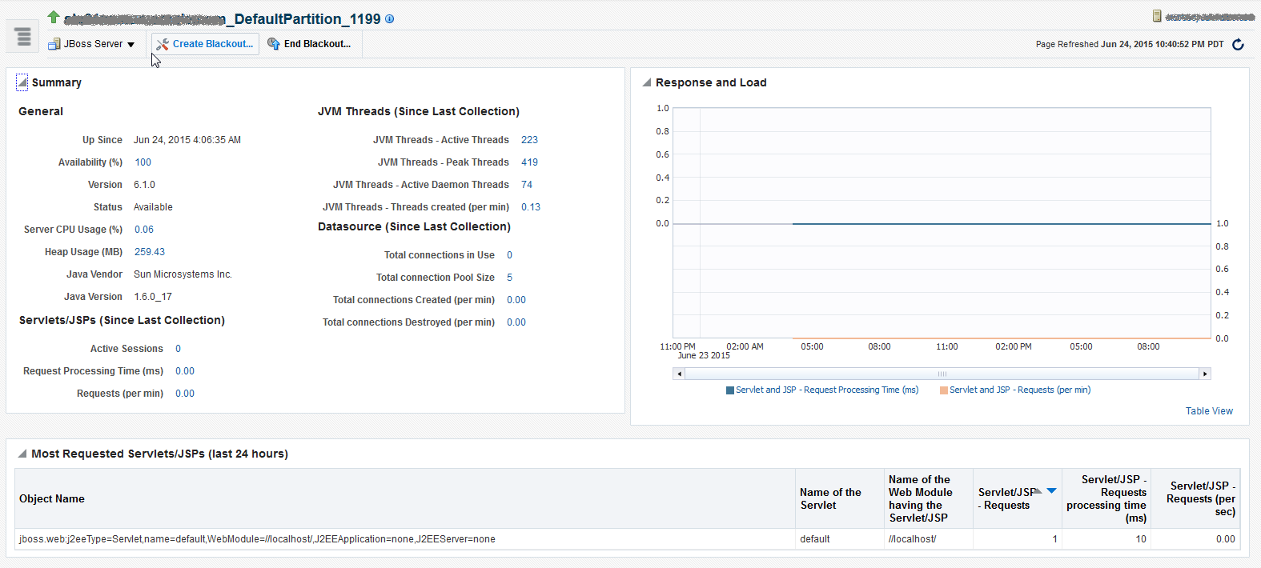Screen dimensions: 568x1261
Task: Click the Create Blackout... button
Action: [205, 44]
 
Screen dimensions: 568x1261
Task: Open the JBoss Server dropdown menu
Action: [92, 44]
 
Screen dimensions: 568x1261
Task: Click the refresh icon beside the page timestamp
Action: [1238, 45]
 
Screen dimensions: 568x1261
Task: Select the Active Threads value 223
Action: [529, 140]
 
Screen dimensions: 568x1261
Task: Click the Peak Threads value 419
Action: [529, 162]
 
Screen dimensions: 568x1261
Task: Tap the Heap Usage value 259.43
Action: [150, 252]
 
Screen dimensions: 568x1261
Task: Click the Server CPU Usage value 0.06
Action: [144, 230]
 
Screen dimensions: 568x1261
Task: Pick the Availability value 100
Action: [143, 162]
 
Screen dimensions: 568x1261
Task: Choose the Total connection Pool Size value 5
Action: [509, 278]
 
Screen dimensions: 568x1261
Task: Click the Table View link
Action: [1209, 411]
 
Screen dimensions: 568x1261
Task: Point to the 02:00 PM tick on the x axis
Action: [1013, 347]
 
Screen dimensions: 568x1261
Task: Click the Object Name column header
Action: [52, 499]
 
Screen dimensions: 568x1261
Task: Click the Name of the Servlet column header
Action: [830, 499]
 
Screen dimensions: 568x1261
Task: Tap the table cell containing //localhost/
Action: [912, 539]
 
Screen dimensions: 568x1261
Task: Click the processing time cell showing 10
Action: [1140, 539]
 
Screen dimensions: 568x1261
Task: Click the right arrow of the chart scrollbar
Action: [1204, 374]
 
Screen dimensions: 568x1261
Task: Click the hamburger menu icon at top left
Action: [22, 37]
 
